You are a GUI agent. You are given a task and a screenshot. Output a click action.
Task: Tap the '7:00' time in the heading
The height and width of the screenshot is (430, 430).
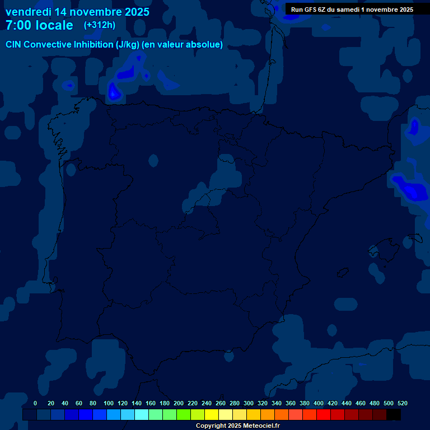19,25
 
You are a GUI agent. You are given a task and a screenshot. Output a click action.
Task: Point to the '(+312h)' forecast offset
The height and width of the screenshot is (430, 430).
100,25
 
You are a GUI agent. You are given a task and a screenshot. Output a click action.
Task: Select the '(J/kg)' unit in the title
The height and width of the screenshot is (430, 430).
128,45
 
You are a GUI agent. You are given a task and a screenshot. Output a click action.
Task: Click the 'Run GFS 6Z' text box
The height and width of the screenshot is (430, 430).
352,10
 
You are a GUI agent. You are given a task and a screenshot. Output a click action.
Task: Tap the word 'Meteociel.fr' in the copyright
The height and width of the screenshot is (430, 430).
260,426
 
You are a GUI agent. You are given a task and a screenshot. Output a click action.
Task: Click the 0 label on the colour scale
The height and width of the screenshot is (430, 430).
35,403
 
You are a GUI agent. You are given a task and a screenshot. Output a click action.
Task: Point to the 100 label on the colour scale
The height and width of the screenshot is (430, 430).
109,403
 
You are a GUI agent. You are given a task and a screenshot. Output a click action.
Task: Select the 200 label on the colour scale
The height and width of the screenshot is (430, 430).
179,403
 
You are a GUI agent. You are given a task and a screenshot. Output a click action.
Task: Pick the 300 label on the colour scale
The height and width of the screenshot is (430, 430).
249,403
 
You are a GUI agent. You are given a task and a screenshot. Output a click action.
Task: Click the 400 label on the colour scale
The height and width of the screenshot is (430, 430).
319,403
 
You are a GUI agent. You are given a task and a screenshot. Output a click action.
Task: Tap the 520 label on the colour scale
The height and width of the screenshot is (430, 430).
403,403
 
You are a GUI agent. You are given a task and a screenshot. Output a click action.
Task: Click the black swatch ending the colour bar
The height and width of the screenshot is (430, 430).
394,414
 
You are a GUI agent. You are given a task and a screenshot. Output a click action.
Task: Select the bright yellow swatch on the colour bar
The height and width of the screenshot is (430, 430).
212,414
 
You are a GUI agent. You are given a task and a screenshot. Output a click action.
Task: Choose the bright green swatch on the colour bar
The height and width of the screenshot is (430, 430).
184,414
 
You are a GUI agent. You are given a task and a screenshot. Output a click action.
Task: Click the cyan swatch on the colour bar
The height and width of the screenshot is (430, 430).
142,414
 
